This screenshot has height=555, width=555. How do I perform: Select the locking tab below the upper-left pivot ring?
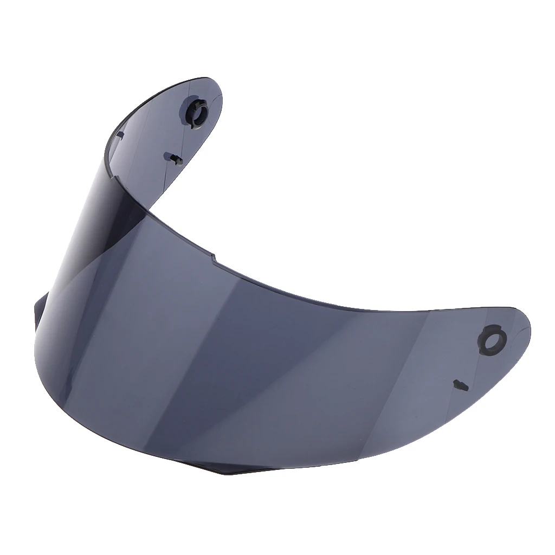(x=174, y=158)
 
